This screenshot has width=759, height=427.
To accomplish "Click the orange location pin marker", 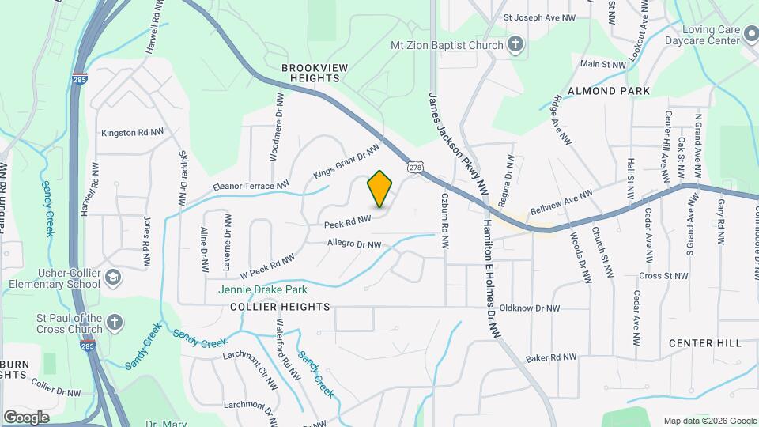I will pos(380,189).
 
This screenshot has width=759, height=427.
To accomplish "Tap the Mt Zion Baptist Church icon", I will pos(515,44).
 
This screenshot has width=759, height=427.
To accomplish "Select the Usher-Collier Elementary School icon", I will pos(113,277).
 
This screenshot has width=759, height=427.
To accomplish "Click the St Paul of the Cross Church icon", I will pos(115,322).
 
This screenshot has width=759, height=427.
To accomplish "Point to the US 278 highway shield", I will pos(415,167).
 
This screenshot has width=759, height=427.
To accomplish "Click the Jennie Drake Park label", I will pos(262,289).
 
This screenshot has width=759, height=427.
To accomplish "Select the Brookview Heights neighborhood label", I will pos(315,74).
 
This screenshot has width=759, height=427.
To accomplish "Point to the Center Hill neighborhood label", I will pos(705,342).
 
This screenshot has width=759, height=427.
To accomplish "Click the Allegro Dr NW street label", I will pos(354,244).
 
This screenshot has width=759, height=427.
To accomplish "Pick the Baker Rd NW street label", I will pos(553,357).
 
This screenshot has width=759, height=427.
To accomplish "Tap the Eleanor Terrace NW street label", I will pos(250,187).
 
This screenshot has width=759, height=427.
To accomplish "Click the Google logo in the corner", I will pos(26,417).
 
